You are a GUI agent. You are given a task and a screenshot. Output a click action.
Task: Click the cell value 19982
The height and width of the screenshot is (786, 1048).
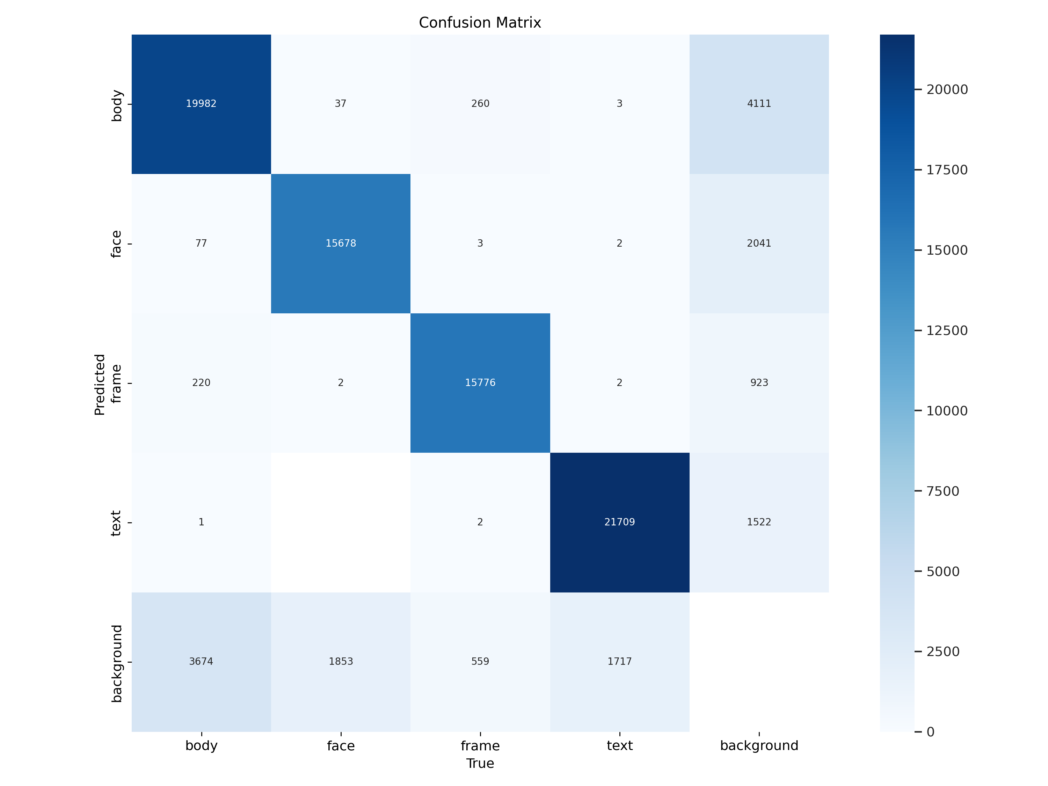click(x=201, y=103)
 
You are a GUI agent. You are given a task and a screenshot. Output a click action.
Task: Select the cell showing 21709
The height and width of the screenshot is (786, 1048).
click(x=619, y=522)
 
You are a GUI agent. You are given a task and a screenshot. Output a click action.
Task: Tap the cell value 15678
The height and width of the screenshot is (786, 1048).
click(x=341, y=243)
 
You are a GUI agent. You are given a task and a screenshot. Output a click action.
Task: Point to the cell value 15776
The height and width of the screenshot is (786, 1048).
click(x=480, y=382)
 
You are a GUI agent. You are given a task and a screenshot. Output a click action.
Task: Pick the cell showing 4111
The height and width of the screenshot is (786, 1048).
click(x=759, y=103)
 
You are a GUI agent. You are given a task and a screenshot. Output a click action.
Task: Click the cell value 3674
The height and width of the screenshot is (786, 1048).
click(x=201, y=661)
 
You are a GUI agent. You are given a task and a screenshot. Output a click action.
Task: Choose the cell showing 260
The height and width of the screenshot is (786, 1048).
click(x=480, y=103)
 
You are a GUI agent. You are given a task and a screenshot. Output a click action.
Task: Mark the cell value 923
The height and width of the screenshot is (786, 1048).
click(x=759, y=382)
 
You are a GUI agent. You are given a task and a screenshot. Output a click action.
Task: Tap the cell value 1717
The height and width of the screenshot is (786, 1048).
click(x=619, y=661)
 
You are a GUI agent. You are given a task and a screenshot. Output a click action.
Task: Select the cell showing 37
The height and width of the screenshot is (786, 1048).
click(x=341, y=103)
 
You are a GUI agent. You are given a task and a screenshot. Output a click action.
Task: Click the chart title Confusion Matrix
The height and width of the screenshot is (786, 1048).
click(x=480, y=22)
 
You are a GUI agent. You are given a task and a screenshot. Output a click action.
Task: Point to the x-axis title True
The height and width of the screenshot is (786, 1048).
click(x=480, y=763)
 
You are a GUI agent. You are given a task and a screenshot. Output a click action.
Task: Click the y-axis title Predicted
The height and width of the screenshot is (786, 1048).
click(x=100, y=384)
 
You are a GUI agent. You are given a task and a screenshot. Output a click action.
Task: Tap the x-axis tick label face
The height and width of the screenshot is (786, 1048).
click(x=341, y=746)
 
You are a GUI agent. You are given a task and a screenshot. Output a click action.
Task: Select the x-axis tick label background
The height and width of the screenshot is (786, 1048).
click(x=759, y=746)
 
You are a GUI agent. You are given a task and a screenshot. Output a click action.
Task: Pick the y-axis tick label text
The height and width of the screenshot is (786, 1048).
click(x=116, y=523)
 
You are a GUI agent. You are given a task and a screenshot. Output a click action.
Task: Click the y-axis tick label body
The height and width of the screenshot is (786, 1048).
click(x=116, y=105)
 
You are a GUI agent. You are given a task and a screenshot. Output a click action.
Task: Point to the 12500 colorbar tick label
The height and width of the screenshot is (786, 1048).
click(x=947, y=330)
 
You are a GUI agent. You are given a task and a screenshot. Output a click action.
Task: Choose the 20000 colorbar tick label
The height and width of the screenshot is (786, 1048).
click(x=947, y=89)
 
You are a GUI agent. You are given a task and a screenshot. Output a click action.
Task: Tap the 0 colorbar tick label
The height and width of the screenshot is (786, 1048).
click(x=931, y=732)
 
